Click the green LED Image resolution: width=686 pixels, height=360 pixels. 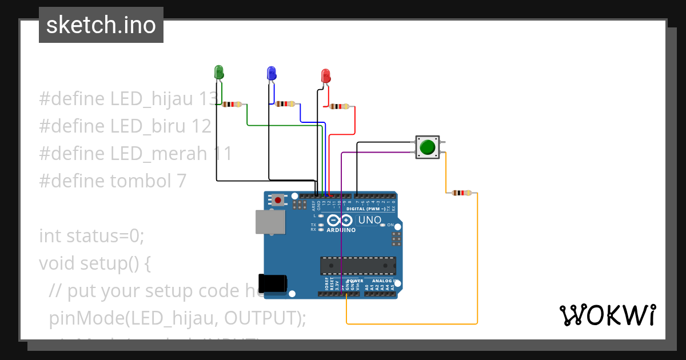(218, 72)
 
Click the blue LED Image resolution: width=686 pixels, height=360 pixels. (271, 73)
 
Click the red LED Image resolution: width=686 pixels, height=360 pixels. (325, 75)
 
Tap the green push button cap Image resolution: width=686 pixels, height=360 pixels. (427, 147)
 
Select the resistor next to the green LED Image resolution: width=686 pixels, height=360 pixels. (232, 105)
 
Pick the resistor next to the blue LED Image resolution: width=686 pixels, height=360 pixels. (285, 104)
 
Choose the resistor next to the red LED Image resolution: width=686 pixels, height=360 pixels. (339, 106)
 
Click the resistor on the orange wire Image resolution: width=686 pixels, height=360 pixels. (461, 193)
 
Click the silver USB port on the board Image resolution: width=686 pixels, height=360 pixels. (270, 222)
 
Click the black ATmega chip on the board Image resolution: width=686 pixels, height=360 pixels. (358, 266)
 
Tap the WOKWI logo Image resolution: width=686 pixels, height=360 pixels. (607, 315)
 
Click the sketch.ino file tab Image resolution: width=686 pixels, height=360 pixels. (101, 25)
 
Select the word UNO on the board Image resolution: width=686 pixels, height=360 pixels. (369, 220)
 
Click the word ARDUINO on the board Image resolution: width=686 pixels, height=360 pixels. (341, 230)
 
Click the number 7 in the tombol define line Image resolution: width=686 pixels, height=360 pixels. (181, 181)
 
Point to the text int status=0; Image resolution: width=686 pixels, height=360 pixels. (92, 235)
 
